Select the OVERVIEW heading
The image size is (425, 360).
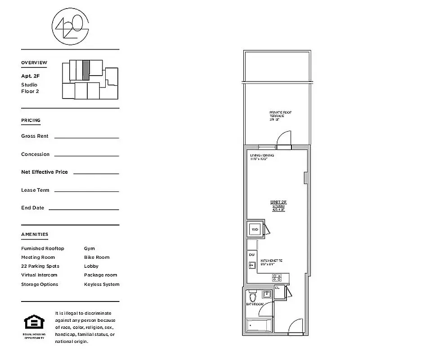click(34, 63)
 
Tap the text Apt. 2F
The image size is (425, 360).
click(31, 76)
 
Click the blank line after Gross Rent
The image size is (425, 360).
click(86, 137)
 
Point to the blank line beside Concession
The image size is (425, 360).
click(86, 155)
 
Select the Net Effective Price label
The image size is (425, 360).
click(44, 172)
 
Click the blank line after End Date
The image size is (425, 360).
click(84, 209)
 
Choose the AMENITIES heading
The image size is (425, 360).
click(35, 234)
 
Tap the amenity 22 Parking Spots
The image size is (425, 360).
click(40, 266)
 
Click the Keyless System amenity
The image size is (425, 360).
click(102, 284)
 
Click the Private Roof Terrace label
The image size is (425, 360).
click(277, 116)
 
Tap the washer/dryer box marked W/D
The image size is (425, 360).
click(255, 229)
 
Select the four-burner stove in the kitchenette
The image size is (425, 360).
click(277, 278)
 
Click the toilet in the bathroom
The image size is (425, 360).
click(252, 297)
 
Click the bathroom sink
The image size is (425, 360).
click(267, 294)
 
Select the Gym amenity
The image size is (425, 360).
click(89, 248)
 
